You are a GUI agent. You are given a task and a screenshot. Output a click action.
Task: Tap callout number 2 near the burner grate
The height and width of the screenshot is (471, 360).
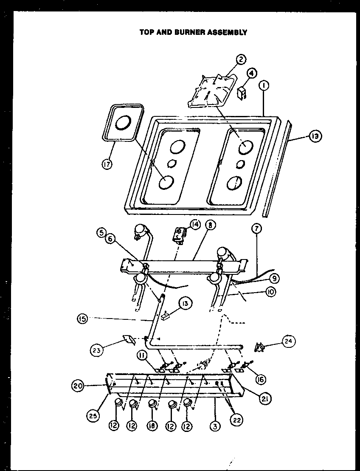pyautogui.click(x=241, y=59)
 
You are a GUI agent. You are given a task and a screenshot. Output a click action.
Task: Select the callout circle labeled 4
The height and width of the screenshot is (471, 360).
pyautogui.click(x=251, y=73)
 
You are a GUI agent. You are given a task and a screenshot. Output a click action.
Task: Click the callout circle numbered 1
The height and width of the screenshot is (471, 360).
pyautogui.click(x=264, y=86)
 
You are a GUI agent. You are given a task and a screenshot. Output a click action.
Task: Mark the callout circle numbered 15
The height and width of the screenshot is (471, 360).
pyautogui.click(x=84, y=318)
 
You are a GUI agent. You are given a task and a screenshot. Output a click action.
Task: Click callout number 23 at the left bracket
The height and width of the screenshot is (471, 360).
pyautogui.click(x=97, y=350)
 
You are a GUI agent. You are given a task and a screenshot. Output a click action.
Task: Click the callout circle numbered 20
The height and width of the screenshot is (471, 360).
pyautogui.click(x=77, y=386)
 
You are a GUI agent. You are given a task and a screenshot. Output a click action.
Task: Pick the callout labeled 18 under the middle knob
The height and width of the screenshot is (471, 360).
pyautogui.click(x=152, y=425)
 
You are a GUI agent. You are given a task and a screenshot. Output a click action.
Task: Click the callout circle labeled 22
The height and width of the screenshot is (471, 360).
pyautogui.click(x=236, y=419)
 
